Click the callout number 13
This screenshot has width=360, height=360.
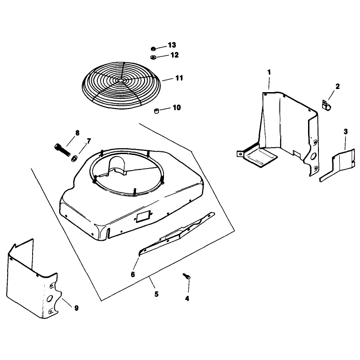(x=172, y=45)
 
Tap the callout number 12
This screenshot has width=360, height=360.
(x=174, y=55)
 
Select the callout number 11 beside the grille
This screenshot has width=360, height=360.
(x=179, y=78)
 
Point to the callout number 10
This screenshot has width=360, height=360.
(x=177, y=108)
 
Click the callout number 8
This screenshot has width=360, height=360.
(x=77, y=133)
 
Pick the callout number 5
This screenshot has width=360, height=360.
(x=156, y=294)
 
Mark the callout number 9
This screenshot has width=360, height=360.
(x=76, y=308)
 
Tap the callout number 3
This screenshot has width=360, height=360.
(x=346, y=132)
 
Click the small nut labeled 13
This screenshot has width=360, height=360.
(x=153, y=49)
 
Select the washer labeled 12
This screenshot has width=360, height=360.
(x=153, y=57)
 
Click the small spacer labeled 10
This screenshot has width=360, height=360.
(x=156, y=112)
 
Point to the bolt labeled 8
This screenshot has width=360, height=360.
(x=62, y=150)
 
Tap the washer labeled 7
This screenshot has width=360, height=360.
(x=75, y=159)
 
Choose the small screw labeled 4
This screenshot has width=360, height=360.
(x=187, y=276)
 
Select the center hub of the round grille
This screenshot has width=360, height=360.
(x=120, y=80)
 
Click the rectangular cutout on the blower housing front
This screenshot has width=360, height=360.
(x=143, y=217)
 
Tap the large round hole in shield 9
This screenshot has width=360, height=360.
(x=49, y=299)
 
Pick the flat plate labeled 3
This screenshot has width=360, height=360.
(x=337, y=165)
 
